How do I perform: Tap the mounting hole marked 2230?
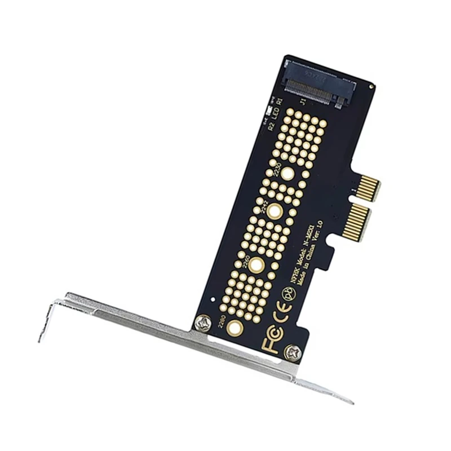click(x=288, y=174)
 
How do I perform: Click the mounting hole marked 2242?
click(x=275, y=212)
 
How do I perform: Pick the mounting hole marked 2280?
click(x=235, y=329)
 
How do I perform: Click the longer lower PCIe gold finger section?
click(x=356, y=221)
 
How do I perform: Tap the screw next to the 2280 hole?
click(x=203, y=322)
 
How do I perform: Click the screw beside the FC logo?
click(x=292, y=352)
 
